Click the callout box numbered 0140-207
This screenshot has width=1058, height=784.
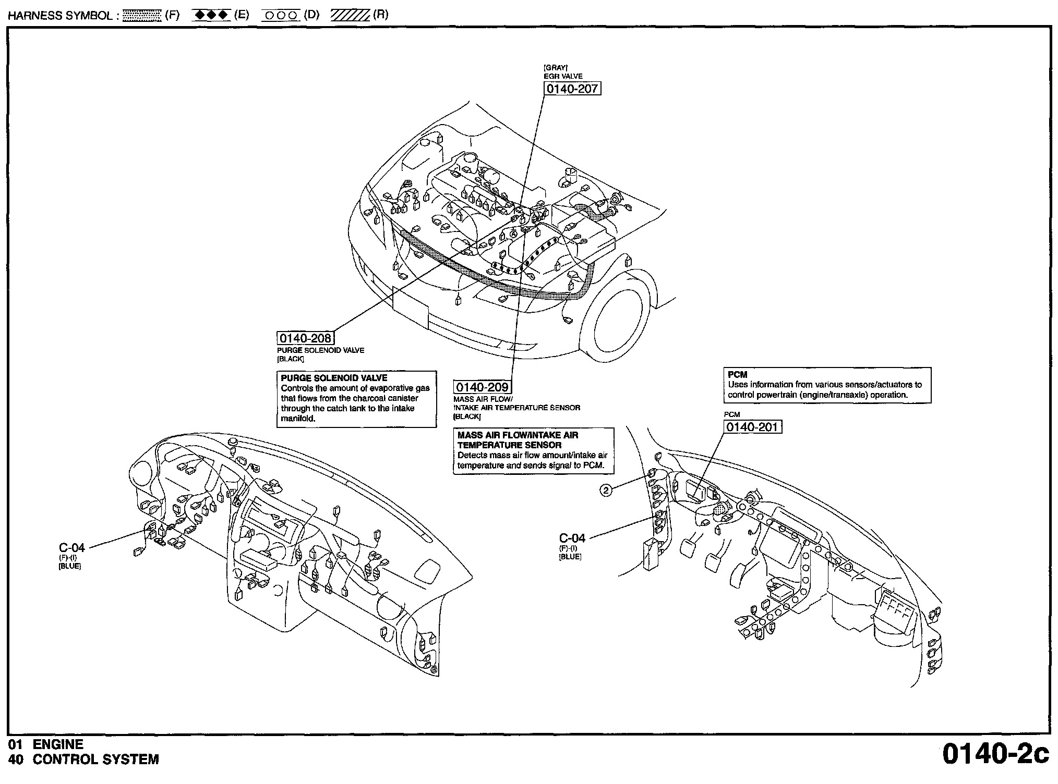click(572, 89)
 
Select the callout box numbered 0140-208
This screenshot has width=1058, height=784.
click(305, 338)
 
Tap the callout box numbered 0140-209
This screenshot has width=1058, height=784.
click(482, 387)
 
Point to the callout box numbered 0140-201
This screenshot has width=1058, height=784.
click(753, 427)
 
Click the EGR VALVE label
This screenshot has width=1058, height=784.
click(563, 76)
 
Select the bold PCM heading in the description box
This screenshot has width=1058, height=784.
click(737, 375)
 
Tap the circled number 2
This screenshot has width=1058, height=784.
click(606, 490)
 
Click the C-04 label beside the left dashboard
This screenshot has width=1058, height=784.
click(72, 547)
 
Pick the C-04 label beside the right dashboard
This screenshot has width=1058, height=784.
click(572, 538)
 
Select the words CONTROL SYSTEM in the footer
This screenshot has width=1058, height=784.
click(95, 759)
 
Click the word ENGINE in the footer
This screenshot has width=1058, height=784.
click(58, 744)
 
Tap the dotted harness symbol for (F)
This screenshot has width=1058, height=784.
click(141, 15)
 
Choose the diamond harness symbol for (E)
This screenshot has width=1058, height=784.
click(211, 15)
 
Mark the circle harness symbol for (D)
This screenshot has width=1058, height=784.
click(281, 16)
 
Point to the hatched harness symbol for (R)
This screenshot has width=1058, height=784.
click(350, 15)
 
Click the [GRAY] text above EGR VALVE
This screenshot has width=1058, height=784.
click(556, 68)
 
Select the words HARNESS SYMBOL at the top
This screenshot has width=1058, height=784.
click(60, 16)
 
